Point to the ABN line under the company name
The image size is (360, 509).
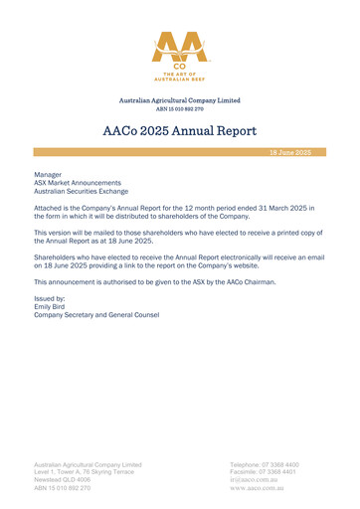tap(180, 108)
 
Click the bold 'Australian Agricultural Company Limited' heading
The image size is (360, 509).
tap(180, 100)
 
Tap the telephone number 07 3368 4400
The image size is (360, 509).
tap(280, 464)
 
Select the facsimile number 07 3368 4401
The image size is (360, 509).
tap(279, 472)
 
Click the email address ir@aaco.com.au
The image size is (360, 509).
tap(255, 480)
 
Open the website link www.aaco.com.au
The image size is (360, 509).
tap(260, 489)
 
